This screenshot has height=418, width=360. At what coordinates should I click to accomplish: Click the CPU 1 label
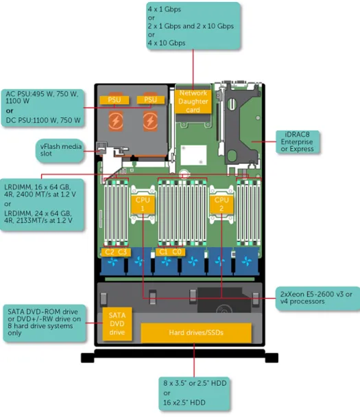pos(143,205)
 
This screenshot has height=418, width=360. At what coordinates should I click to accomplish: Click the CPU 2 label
pos(221,205)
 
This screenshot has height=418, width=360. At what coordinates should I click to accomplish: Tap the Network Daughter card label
pos(193,102)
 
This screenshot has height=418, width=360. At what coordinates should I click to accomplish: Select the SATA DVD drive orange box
pos(117,324)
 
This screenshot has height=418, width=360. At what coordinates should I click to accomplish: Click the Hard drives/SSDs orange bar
pos(196,333)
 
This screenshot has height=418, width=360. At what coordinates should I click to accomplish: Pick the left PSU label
pos(115,100)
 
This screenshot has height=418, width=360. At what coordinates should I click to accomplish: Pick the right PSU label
pos(150,100)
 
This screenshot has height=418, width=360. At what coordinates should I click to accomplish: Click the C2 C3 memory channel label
pos(116,252)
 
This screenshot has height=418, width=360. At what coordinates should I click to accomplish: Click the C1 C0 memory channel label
pos(170,252)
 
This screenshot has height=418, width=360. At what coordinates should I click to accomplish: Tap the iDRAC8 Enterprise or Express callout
pos(297,142)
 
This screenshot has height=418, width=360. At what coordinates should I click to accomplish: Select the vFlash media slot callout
pos(60,150)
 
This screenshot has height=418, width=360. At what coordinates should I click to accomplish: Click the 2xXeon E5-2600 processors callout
pos(317,298)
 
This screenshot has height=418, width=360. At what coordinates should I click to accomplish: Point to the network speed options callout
pos(193,26)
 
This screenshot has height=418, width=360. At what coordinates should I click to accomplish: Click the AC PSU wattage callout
pos(43,108)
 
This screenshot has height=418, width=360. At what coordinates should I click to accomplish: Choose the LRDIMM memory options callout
pos(42,205)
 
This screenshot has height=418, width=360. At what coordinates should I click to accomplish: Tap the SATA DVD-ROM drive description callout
pos(45,323)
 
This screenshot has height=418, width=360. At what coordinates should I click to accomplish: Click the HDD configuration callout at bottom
pos(194,393)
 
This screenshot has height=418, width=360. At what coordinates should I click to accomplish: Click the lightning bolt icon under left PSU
pos(116,121)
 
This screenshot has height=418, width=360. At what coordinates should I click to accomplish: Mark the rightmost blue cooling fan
pos(247,262)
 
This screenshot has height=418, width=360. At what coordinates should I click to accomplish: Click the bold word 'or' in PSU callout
pos(10,111)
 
